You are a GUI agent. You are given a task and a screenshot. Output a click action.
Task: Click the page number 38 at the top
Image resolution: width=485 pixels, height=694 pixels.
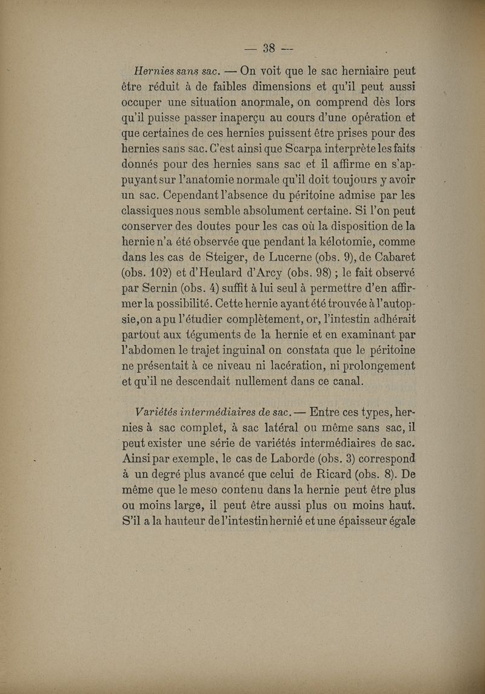tap(269, 48)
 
